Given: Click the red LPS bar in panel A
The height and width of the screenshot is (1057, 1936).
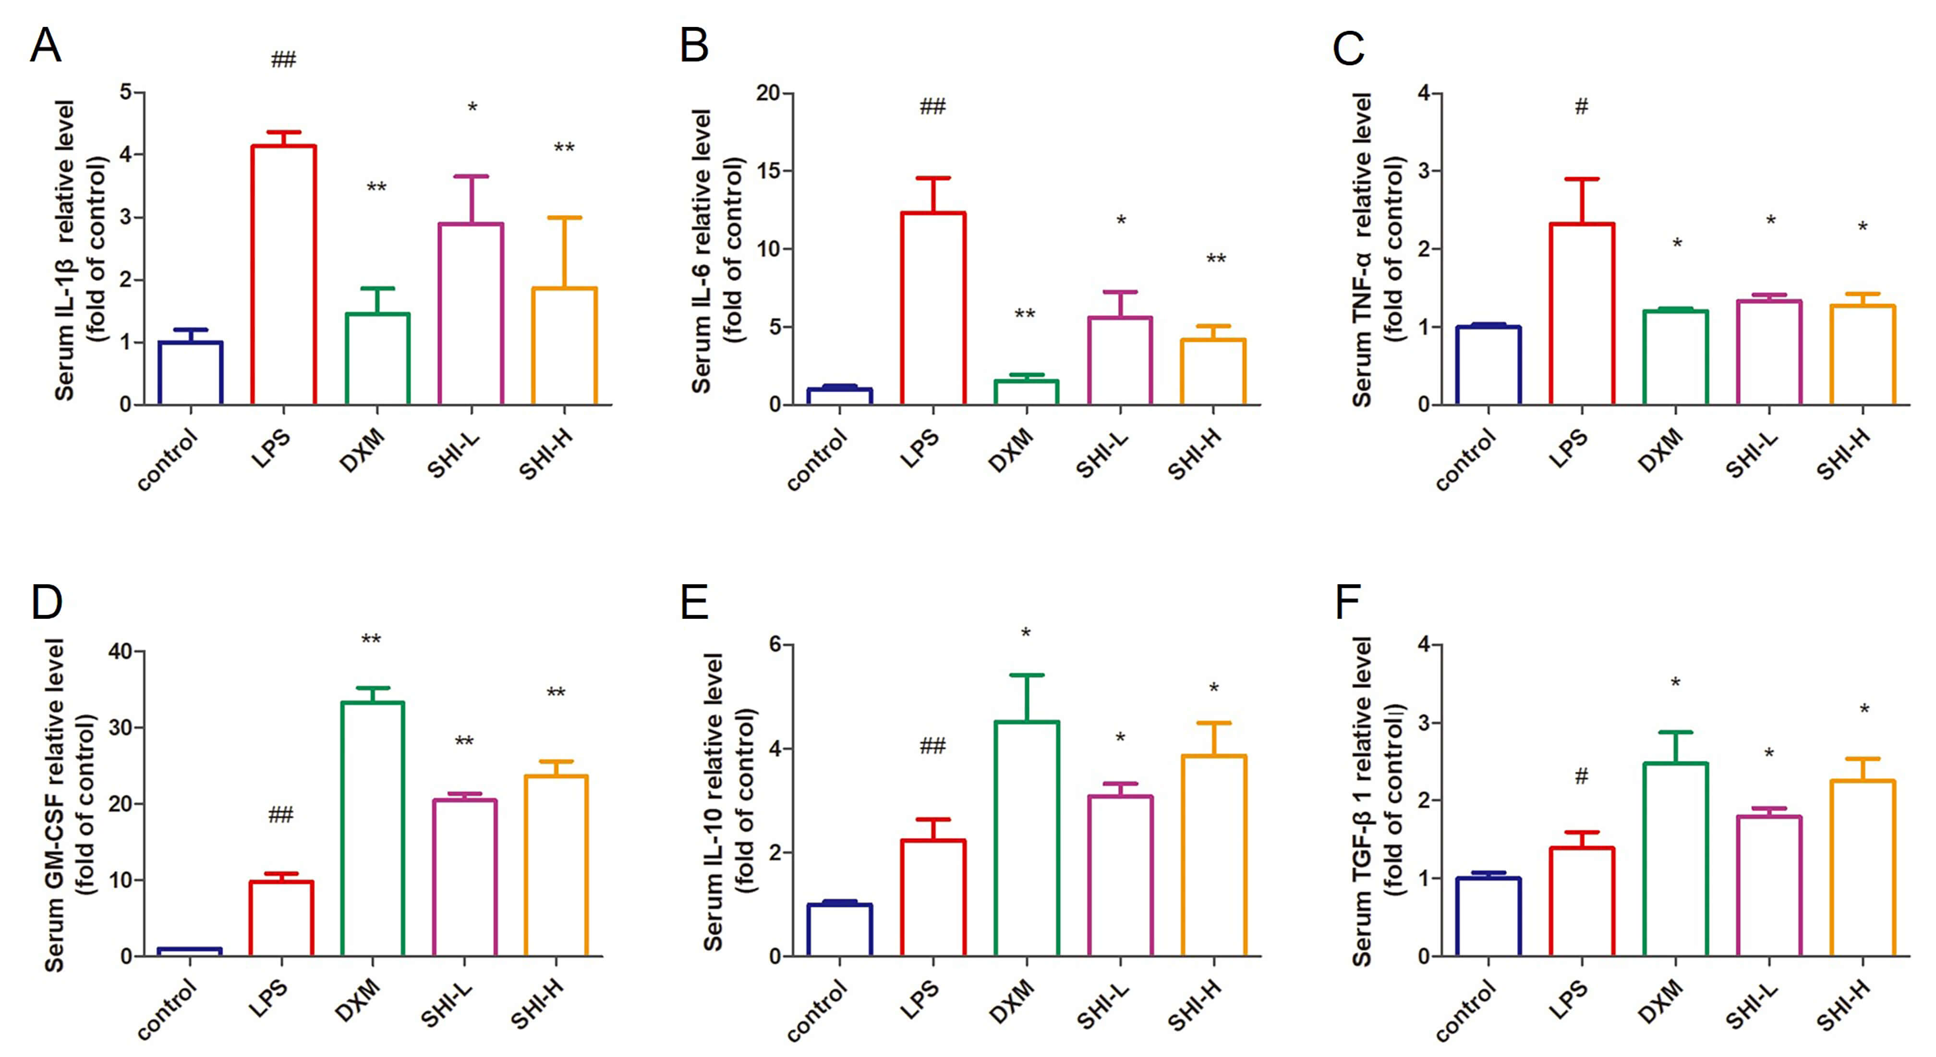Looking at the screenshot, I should click(283, 275).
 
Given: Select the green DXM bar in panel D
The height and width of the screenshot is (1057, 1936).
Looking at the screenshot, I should click(373, 829).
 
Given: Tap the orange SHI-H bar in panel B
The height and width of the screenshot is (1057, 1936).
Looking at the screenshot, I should click(1213, 372).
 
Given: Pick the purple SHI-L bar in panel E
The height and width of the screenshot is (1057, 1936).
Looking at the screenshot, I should click(1120, 876).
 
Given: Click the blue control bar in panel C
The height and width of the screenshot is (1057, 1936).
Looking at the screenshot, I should click(1488, 366).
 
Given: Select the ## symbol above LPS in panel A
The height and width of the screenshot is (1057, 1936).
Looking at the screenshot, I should click(283, 60).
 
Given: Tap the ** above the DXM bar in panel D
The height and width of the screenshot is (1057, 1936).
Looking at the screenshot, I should click(371, 640).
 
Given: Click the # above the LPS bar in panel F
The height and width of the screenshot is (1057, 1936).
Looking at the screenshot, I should click(1581, 776).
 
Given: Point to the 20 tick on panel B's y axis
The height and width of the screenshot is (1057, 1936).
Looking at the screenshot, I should click(768, 93).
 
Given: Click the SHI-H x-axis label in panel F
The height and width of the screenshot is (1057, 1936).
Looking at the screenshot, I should click(1843, 1008).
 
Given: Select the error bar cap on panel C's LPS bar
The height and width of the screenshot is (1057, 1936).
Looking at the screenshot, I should click(1582, 179).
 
